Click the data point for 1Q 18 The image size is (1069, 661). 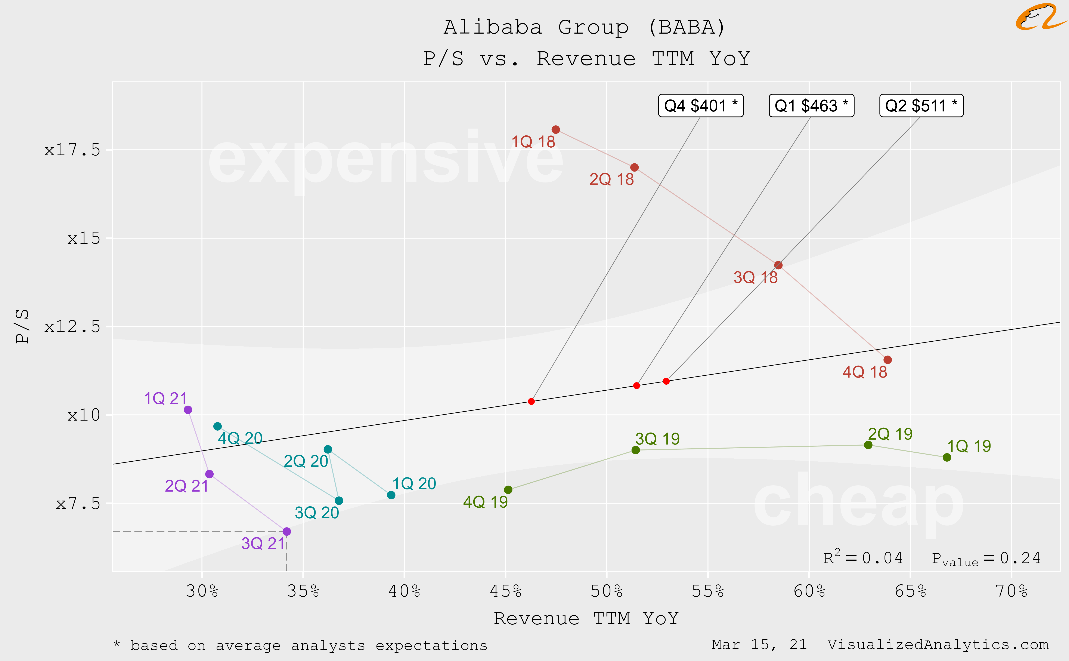coord(556,130)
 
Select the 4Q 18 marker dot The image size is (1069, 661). coord(887,360)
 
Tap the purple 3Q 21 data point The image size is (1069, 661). coord(286,532)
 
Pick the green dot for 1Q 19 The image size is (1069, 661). coord(947,457)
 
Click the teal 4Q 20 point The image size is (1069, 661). coord(218,426)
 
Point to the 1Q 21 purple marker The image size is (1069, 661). coord(188,410)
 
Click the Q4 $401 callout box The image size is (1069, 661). coord(701,106)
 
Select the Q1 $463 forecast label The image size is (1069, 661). coord(811,106)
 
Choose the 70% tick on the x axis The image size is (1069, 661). coord(1011,591)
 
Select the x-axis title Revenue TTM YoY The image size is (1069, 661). coord(586,619)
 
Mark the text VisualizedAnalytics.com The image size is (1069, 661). coord(938,645)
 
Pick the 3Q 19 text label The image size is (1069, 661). coord(657,439)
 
